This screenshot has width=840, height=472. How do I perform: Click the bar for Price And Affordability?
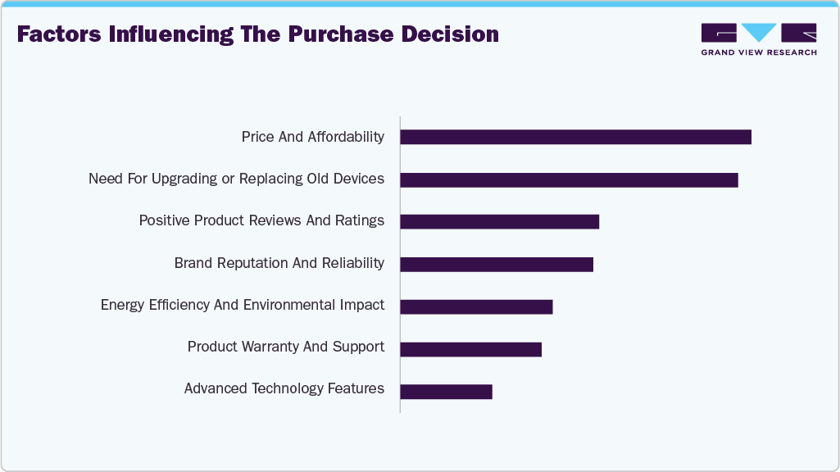click(575, 137)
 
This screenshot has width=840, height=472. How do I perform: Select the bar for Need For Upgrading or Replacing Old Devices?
click(569, 179)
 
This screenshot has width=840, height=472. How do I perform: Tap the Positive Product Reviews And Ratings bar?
click(499, 222)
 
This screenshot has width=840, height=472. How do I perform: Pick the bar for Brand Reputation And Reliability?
click(496, 264)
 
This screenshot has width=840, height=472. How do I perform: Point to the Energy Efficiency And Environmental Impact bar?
click(476, 306)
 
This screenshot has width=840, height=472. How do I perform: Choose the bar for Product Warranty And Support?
click(470, 349)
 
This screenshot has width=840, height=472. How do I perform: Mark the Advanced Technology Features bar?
click(446, 392)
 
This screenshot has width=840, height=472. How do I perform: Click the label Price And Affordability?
click(312, 137)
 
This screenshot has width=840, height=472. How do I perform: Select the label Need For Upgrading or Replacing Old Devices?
click(236, 179)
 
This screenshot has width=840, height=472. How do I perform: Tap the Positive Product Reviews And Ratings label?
click(261, 220)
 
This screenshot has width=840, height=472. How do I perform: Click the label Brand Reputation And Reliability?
click(279, 263)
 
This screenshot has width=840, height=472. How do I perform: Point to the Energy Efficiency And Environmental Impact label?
click(242, 305)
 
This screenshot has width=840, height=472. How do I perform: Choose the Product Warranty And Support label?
click(285, 347)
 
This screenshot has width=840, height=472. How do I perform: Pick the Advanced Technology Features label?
click(284, 388)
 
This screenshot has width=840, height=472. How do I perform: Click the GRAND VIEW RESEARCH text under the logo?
click(759, 52)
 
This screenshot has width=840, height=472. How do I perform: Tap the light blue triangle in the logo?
click(760, 33)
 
